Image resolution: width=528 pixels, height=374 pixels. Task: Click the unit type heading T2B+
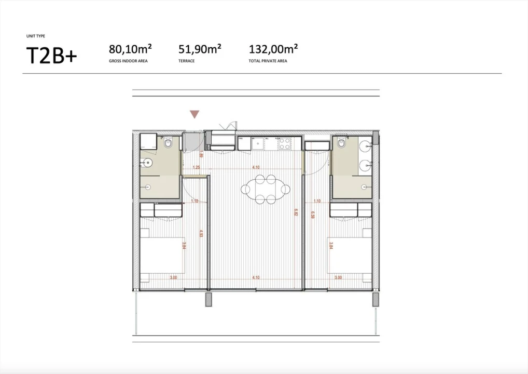pos(51,56)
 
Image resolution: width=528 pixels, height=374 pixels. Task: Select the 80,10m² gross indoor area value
pos(130,49)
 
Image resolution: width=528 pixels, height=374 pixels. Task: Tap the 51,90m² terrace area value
pos(200,49)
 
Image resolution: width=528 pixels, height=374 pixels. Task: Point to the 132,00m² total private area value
pos(273,49)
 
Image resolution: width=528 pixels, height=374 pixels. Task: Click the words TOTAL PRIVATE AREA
pos(268,61)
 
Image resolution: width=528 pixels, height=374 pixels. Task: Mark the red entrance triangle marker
pos(194,114)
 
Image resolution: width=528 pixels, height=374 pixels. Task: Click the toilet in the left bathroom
pos(168,142)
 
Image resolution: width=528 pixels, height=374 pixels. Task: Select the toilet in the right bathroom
pos(341,142)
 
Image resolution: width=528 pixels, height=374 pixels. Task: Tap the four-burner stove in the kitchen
pos(285,143)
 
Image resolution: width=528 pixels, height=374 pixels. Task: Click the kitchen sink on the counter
pos(257,144)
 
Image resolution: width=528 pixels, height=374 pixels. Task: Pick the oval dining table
pos(266,188)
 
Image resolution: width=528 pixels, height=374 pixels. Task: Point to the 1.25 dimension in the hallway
pos(196,168)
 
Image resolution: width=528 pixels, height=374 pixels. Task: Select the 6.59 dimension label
pos(313,215)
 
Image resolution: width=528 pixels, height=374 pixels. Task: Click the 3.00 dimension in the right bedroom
pos(338,278)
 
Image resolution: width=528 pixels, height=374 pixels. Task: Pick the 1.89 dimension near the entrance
pos(201,154)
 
